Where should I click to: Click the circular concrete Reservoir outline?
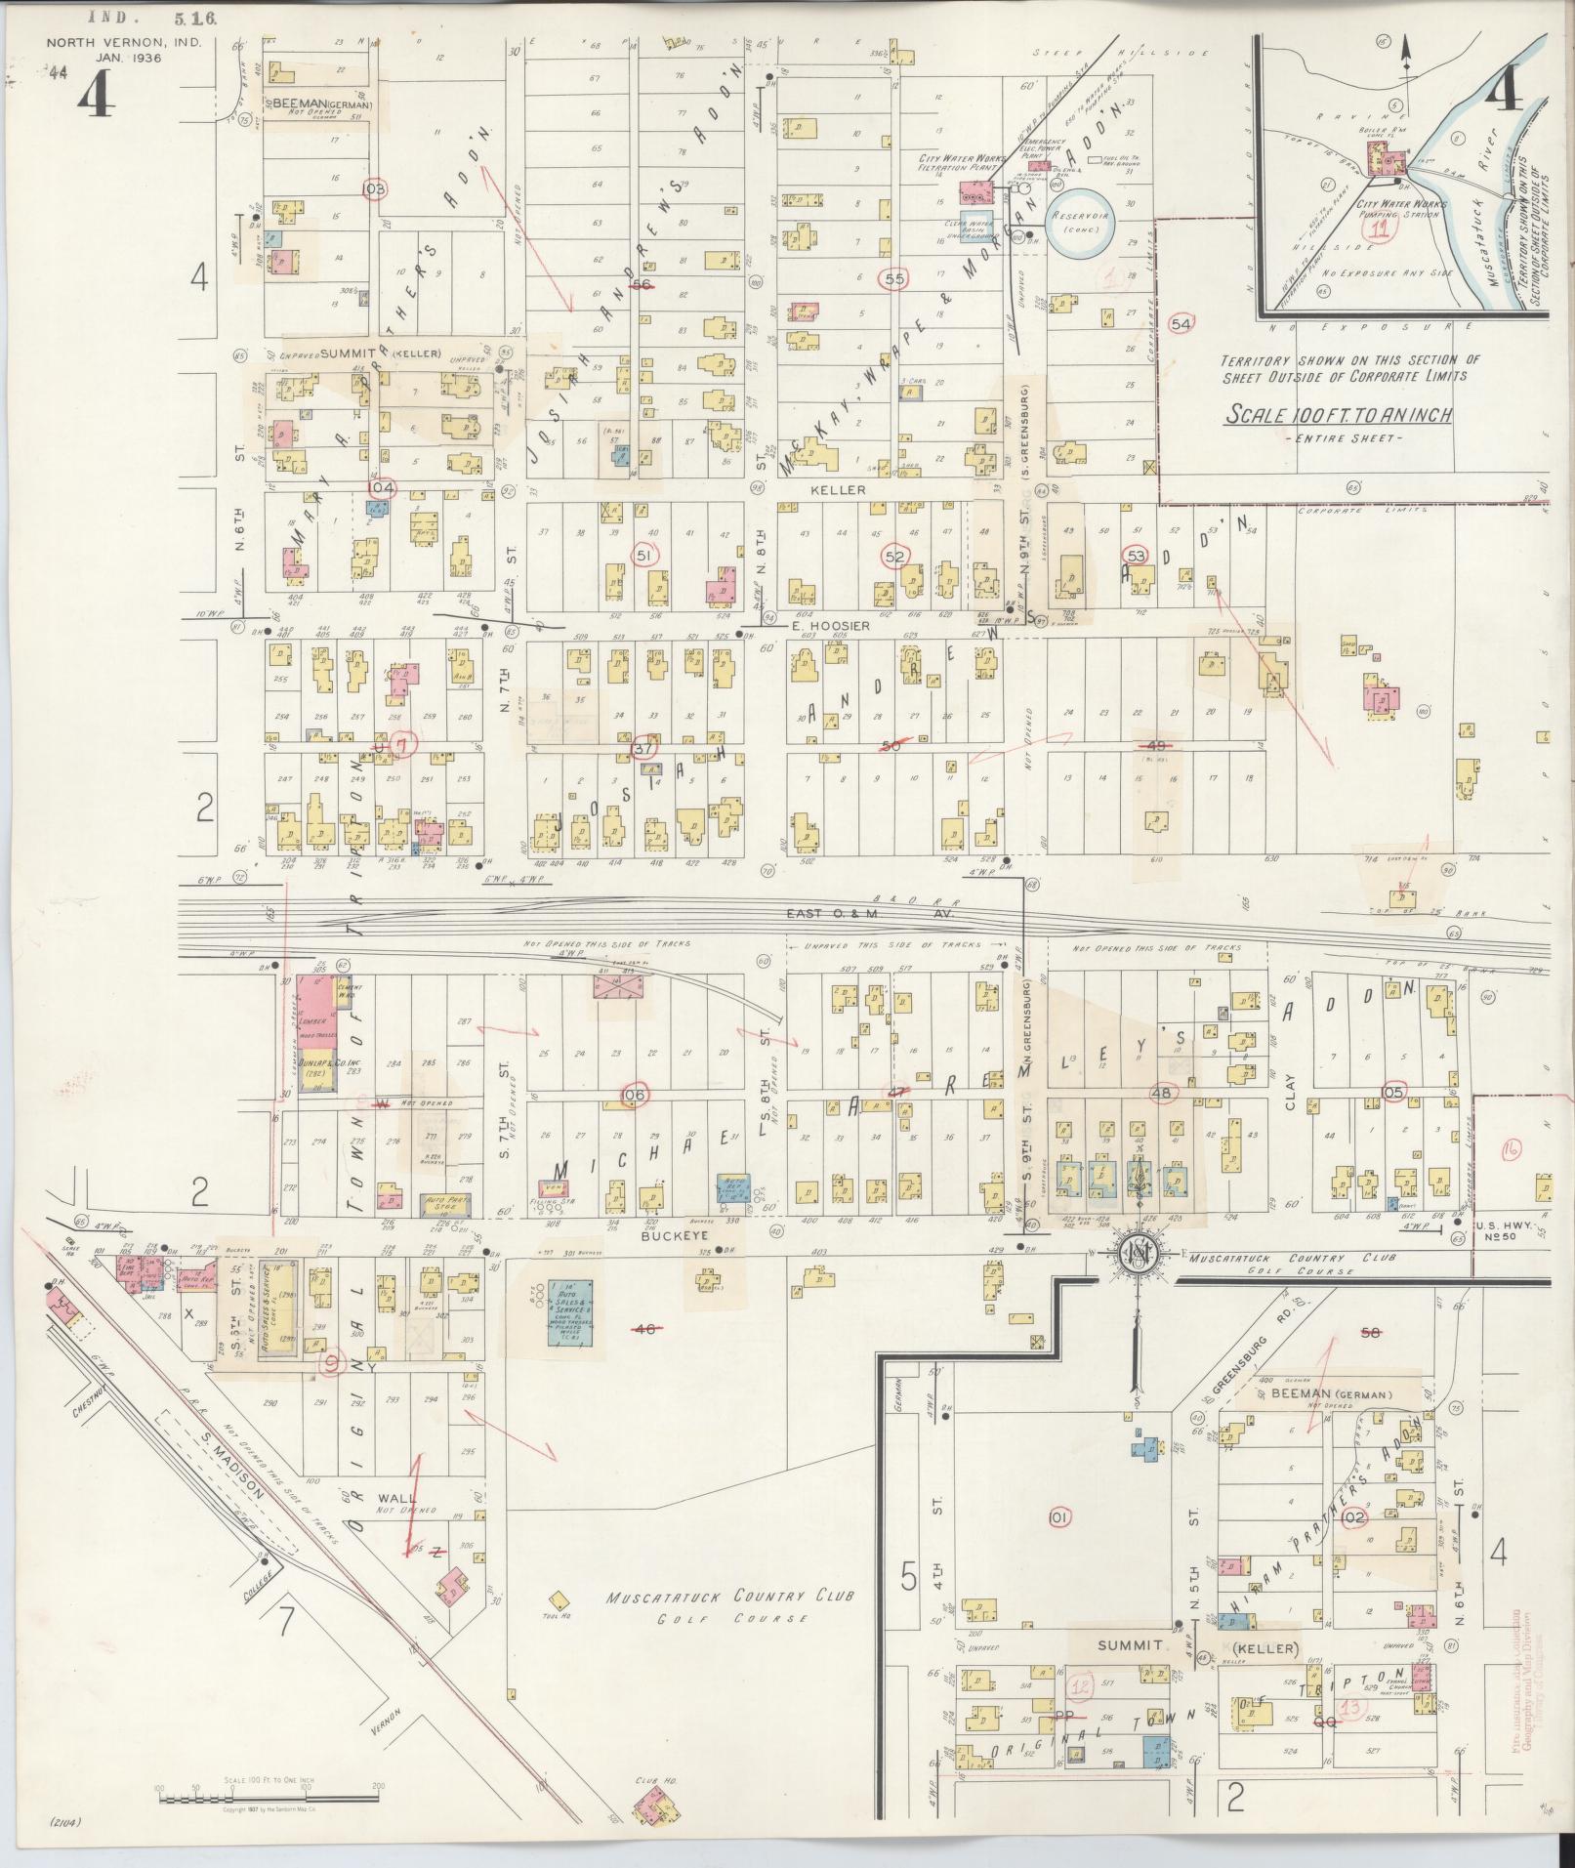tap(1074, 222)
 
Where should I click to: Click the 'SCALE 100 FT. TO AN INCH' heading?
tap(1339, 416)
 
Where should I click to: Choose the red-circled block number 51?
tap(643, 555)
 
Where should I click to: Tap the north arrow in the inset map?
tap(1406, 57)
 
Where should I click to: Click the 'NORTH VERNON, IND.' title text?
tap(101, 43)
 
